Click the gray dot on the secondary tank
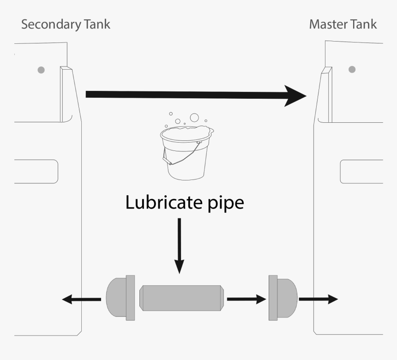pos(41,70)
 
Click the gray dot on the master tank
pos(352,69)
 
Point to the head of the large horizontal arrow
pos(295,96)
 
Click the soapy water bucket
pos(186,155)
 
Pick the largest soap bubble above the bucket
pos(194,117)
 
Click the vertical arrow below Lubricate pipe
pos(179,245)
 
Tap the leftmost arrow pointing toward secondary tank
pos(81,300)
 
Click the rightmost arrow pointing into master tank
pos(319,299)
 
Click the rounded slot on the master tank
pos(361,172)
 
